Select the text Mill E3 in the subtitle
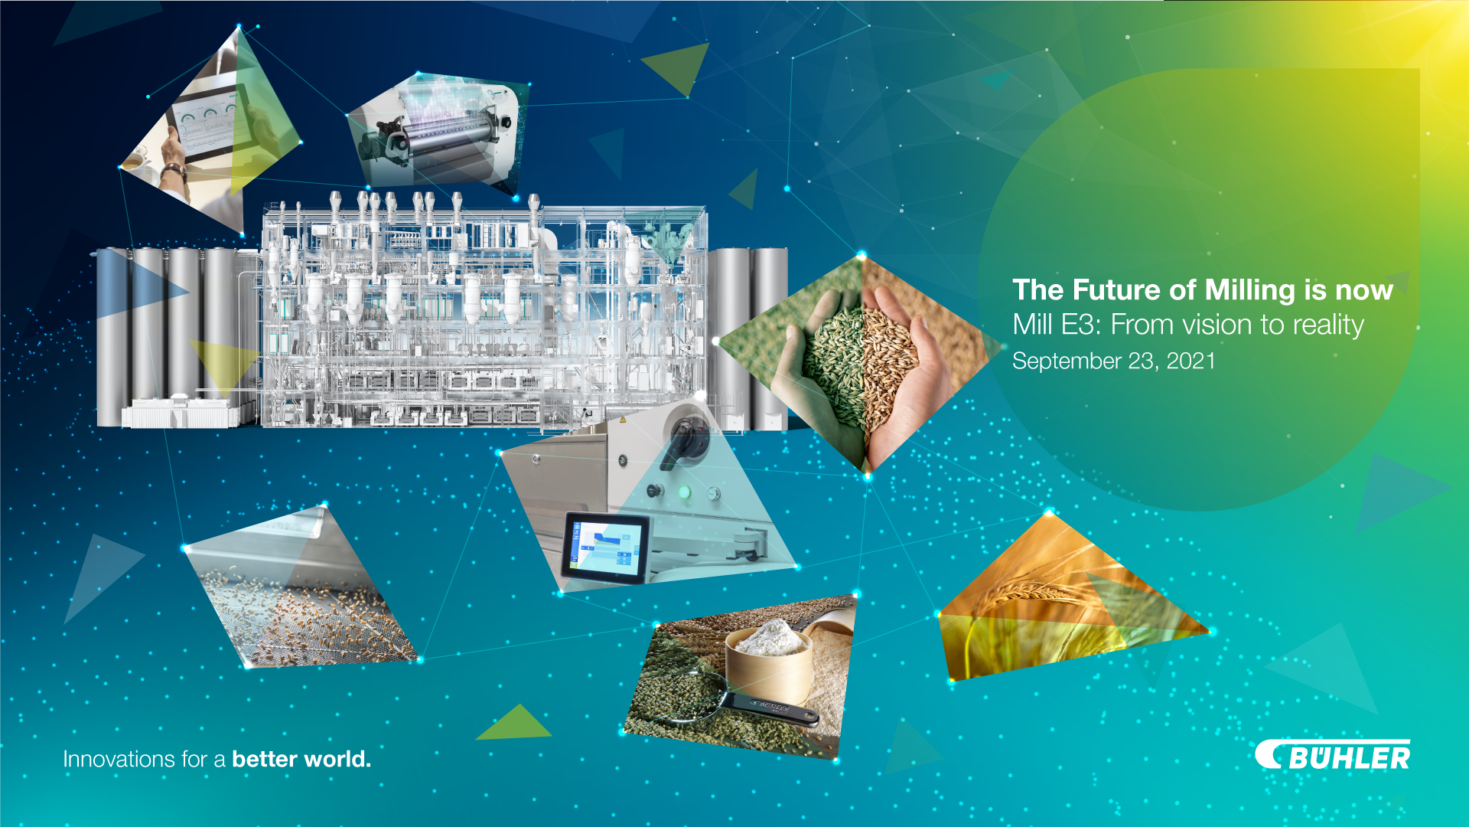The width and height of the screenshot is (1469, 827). point(1057,325)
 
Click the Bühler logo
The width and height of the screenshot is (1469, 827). point(1332,755)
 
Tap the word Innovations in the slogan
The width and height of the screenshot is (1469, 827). point(119,759)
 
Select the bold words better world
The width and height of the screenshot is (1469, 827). point(301,759)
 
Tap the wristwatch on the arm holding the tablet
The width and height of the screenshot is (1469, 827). point(175,170)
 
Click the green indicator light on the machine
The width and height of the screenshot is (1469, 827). point(685,492)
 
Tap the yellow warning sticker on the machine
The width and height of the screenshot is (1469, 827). point(623,420)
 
